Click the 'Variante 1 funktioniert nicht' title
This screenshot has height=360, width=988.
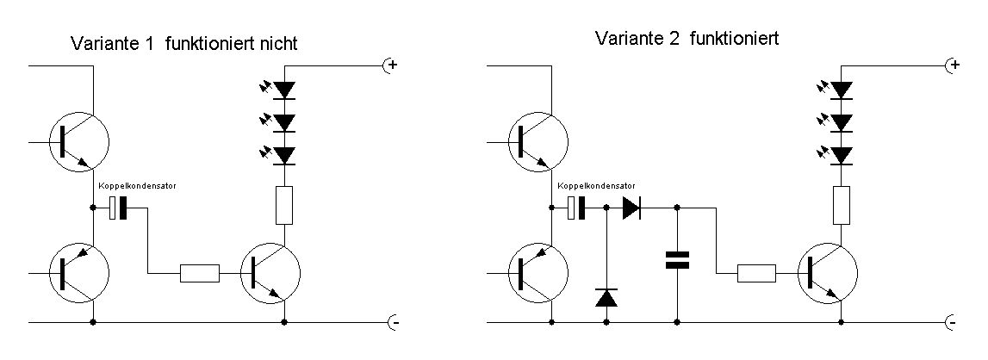pyautogui.click(x=184, y=43)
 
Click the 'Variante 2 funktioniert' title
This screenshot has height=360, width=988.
pyautogui.click(x=687, y=39)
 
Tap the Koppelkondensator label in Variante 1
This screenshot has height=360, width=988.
pyautogui.click(x=138, y=186)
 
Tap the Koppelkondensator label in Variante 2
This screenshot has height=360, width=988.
pyautogui.click(x=597, y=186)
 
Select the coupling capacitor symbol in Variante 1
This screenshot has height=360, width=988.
pyautogui.click(x=118, y=208)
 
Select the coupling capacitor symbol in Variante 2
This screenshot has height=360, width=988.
pyautogui.click(x=577, y=208)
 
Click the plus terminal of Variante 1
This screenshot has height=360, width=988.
pyautogui.click(x=390, y=65)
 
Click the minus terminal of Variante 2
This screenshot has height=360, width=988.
pyautogui.click(x=952, y=322)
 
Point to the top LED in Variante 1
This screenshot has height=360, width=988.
pyautogui.click(x=283, y=89)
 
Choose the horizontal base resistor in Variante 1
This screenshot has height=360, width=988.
pyautogui.click(x=200, y=274)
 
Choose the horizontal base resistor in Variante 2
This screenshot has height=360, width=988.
pyautogui.click(x=756, y=274)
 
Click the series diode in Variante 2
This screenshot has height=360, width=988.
pyautogui.click(x=631, y=208)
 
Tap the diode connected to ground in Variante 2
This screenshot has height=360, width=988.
pyautogui.click(x=607, y=298)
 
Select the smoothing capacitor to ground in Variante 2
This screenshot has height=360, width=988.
pyautogui.click(x=678, y=259)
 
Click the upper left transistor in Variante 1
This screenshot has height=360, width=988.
pyautogui.click(x=78, y=141)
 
